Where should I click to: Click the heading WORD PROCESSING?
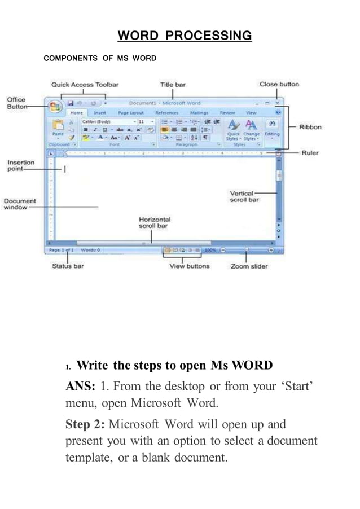tap(185, 36)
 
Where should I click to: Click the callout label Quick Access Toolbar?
tap(85, 85)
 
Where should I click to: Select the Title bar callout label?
tap(173, 85)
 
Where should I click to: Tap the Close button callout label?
tap(279, 84)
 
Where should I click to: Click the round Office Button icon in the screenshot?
tap(55, 106)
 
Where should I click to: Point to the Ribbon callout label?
tap(310, 127)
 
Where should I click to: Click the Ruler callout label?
tap(310, 153)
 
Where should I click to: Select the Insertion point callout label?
tap(21, 166)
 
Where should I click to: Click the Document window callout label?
tap(20, 204)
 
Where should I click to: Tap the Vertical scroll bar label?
tap(244, 196)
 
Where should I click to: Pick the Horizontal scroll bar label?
tap(155, 222)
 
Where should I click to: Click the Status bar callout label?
tap(68, 266)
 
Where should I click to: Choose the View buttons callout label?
tap(189, 266)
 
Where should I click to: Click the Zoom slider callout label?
tap(249, 266)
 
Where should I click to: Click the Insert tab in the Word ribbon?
tap(99, 113)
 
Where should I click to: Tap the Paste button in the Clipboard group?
tap(58, 129)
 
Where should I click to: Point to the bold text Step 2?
tap(85, 424)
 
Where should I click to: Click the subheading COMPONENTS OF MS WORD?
tap(100, 58)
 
